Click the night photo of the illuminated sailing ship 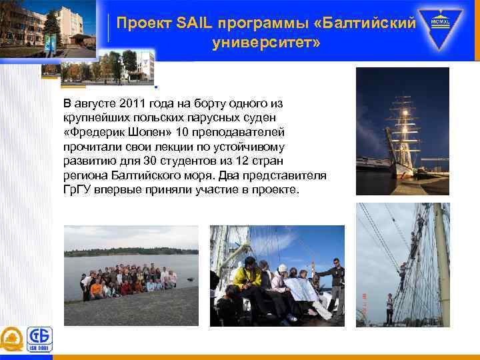pyautogui.click(x=402, y=131)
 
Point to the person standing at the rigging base pyautogui.click(x=389, y=309)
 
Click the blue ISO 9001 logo pyautogui.click(x=39, y=339)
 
